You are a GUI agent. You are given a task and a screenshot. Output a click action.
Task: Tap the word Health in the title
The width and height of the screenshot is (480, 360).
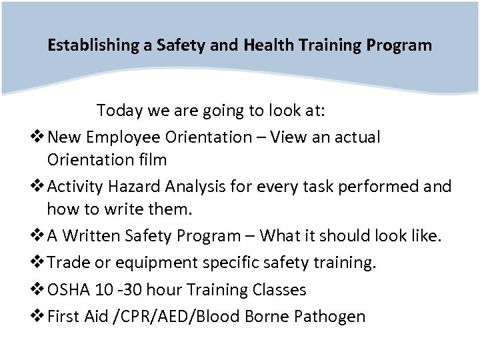[x=265, y=46]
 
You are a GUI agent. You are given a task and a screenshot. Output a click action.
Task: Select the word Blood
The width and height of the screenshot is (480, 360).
[x=227, y=316]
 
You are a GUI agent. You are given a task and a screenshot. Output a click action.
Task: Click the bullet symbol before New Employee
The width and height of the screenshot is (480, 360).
[x=39, y=138]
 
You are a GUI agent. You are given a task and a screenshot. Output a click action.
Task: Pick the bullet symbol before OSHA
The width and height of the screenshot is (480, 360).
[x=39, y=290]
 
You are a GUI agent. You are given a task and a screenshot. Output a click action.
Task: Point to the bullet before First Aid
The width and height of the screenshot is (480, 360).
[x=39, y=316]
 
